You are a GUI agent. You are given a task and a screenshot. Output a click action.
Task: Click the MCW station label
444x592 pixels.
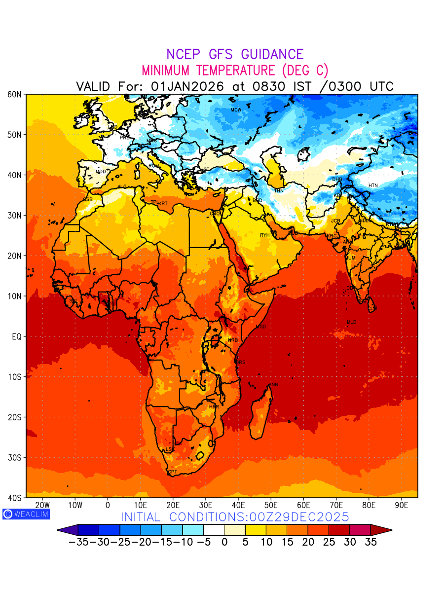click(236, 110)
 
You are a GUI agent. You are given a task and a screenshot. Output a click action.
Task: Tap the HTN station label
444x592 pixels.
click(373, 185)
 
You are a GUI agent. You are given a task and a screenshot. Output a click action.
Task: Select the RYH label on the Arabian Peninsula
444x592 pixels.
click(265, 235)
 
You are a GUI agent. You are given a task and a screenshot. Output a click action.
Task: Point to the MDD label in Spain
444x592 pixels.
click(101, 172)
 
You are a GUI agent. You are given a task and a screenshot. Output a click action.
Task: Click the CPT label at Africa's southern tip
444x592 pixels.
click(172, 472)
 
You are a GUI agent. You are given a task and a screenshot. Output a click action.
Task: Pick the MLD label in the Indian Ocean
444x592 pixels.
click(351, 322)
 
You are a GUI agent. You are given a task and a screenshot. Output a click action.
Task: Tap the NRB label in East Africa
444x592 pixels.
click(233, 340)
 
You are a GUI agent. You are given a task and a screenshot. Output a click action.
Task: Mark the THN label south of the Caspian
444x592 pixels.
click(279, 190)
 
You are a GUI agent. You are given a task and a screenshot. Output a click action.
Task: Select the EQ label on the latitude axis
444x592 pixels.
click(16, 336)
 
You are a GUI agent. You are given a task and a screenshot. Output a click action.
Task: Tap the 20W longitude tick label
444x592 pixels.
click(42, 505)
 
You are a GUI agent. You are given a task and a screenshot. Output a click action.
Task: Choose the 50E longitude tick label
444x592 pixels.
click(271, 505)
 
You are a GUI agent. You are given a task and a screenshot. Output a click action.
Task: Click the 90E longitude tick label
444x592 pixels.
click(402, 505)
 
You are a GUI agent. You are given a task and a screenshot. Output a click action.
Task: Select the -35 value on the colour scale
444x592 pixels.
click(78, 542)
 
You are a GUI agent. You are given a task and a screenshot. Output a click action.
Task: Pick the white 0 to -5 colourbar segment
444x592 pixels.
click(214, 530)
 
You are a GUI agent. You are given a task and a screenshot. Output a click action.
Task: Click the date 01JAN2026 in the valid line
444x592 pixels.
click(187, 86)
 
